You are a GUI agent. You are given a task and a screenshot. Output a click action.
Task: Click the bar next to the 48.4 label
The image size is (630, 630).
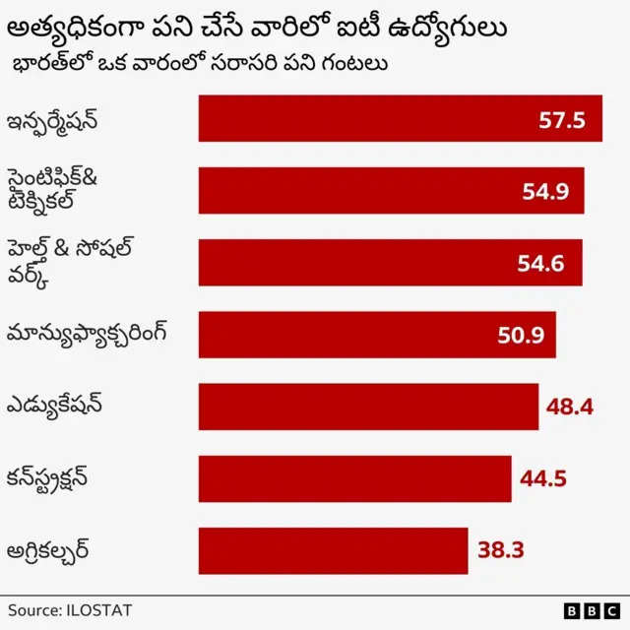(x=368, y=407)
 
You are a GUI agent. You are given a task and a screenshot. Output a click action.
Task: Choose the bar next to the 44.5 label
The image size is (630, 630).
(x=354, y=478)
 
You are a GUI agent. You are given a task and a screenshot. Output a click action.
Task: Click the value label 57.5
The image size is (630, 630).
(x=562, y=120)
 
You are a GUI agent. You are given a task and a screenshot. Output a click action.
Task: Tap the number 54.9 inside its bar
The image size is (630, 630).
(x=545, y=192)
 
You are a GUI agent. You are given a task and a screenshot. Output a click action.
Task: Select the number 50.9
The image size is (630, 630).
(x=521, y=336)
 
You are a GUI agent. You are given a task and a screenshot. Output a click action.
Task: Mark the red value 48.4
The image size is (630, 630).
(x=569, y=407)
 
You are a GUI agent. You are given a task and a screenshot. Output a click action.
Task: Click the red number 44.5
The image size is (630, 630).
(x=543, y=479)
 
